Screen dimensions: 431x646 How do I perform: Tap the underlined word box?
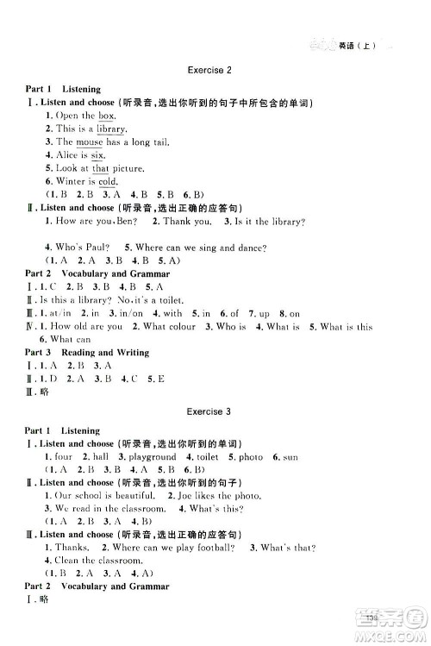(x=106, y=116)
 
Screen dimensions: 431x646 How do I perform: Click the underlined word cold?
(x=107, y=182)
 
